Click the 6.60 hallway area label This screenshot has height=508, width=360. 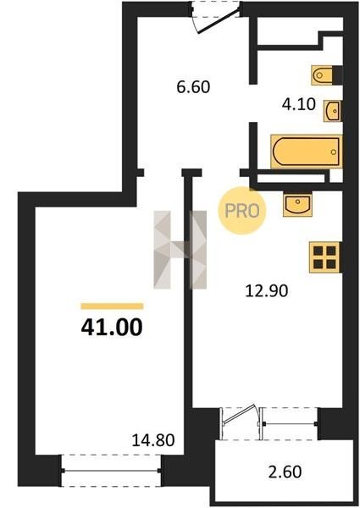tap(193, 87)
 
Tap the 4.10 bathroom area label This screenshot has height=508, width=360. tap(299, 105)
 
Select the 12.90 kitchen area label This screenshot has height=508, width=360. tap(267, 290)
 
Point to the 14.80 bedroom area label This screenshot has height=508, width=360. tap(153, 440)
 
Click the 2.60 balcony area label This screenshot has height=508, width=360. tap(285, 472)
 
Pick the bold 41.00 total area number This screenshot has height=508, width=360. tap(112, 327)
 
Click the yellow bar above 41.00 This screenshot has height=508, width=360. tap(112, 306)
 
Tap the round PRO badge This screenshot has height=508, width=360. tap(242, 211)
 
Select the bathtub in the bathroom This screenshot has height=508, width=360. tap(307, 152)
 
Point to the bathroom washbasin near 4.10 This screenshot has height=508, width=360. tap(332, 111)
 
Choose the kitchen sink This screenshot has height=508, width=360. tap(298, 205)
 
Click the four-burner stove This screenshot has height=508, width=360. tap(324, 257)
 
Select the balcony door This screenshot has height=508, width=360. tap(241, 422)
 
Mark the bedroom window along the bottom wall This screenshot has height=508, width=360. tap(111, 471)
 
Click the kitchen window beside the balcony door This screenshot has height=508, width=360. tap(290, 423)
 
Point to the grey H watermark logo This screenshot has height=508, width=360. tap(180, 250)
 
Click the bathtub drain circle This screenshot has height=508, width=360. tap(334, 152)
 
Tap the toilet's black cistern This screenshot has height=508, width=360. tap(338, 75)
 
